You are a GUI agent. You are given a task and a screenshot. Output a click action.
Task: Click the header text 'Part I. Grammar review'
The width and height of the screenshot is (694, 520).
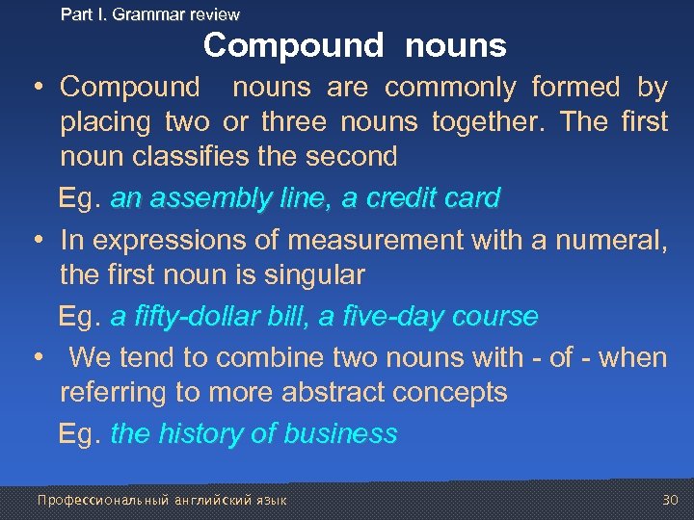coord(149,14)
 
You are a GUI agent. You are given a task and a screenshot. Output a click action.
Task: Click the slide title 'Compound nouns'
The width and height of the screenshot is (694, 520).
coord(355,45)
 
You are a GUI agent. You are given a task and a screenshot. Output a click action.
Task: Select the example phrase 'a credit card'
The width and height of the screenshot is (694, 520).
coord(421,198)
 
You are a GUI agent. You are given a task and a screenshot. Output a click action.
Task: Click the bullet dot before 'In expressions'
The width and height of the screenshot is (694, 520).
coord(36,239)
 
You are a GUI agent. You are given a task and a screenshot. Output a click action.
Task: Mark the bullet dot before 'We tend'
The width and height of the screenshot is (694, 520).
coord(36,357)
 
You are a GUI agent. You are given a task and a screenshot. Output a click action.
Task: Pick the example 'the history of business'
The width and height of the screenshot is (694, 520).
coord(254,433)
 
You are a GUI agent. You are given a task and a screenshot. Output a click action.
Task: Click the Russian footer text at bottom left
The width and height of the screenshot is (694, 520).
coord(161,500)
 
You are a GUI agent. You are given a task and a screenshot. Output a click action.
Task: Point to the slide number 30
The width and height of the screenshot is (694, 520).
coord(670,500)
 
